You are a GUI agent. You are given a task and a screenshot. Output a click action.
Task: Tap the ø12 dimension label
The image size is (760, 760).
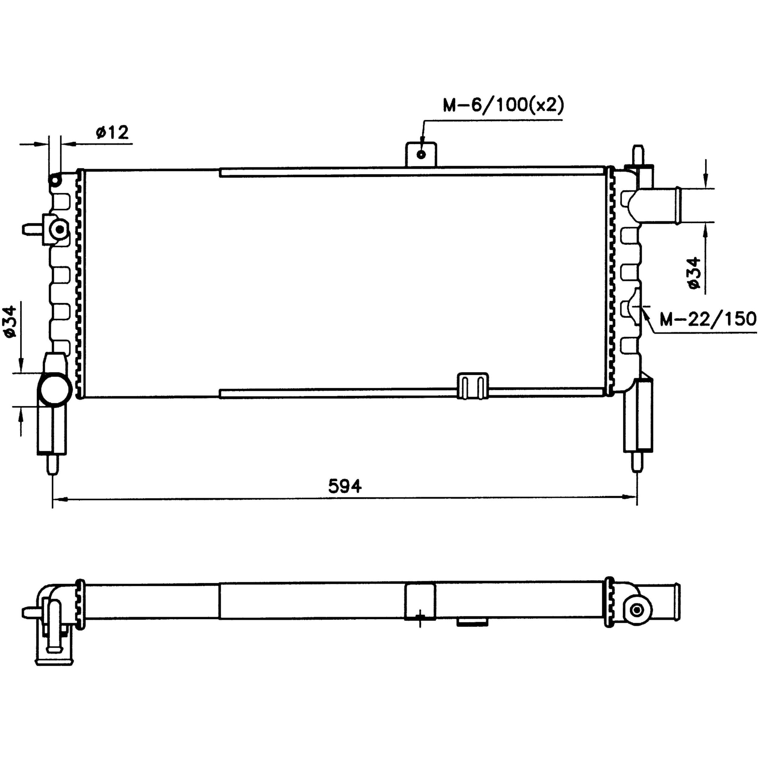(112, 133)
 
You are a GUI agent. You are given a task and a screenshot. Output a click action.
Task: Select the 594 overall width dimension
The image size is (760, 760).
(345, 487)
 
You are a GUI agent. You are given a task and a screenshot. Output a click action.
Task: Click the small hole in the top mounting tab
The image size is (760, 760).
(421, 154)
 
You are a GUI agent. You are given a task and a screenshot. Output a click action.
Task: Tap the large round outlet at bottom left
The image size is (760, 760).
(55, 389)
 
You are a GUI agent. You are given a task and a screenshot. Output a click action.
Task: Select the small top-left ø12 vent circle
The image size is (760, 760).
(55, 180)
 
